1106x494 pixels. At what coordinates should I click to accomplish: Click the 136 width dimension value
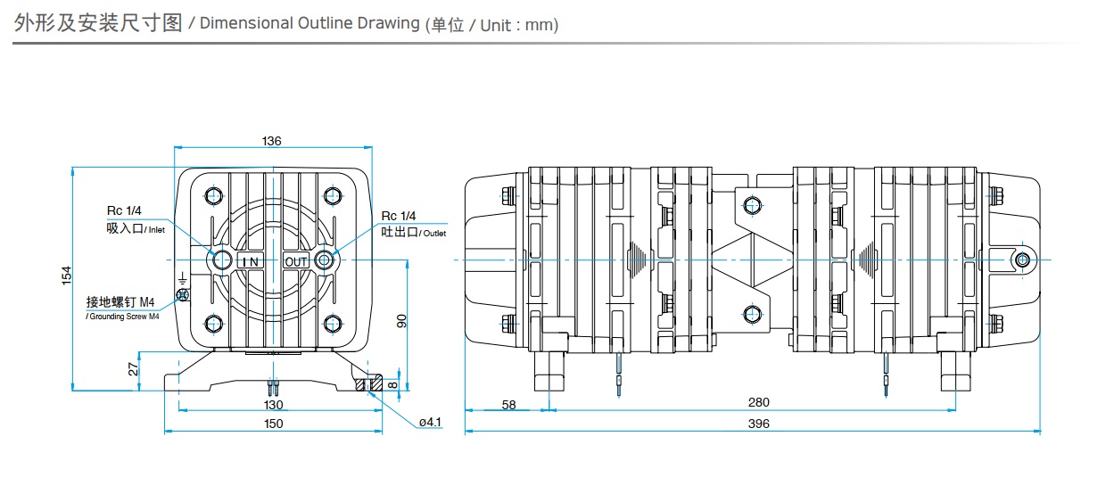pyautogui.click(x=272, y=141)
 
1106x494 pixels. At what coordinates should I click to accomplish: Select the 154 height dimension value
pyautogui.click(x=66, y=276)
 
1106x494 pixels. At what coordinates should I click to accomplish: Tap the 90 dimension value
pyautogui.click(x=401, y=321)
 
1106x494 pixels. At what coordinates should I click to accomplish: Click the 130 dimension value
pyautogui.click(x=273, y=405)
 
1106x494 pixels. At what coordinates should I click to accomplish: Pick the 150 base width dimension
pyautogui.click(x=273, y=424)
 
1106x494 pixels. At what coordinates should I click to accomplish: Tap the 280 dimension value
pyautogui.click(x=758, y=402)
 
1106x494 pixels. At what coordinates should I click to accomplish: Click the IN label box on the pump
pyautogui.click(x=249, y=260)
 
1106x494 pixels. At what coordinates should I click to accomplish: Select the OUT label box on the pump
pyautogui.click(x=296, y=260)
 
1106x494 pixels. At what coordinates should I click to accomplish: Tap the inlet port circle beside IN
pyautogui.click(x=219, y=259)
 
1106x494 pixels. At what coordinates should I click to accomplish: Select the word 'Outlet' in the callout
pyautogui.click(x=434, y=234)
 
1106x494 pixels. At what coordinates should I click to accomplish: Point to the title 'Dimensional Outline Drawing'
pyautogui.click(x=309, y=23)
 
